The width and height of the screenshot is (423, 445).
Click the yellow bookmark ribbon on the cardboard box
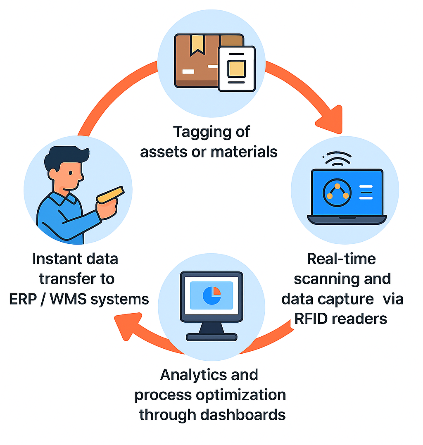tap(197, 45)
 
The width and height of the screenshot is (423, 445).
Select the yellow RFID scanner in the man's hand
tap(110, 195)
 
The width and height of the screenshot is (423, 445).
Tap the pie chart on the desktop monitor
tap(211, 295)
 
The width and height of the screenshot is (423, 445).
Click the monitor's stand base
tap(211, 337)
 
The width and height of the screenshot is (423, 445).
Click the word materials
tap(244, 152)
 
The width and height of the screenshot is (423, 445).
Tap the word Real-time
tap(342, 259)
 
